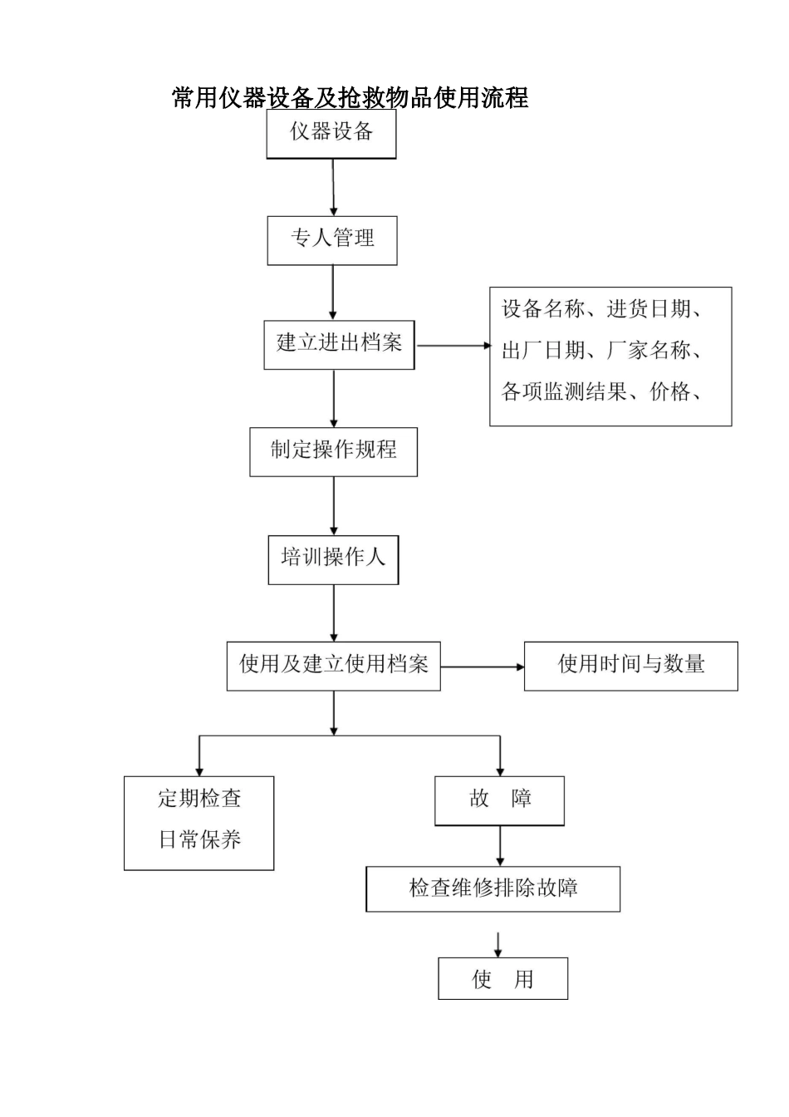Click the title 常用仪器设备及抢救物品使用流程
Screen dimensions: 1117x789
350,98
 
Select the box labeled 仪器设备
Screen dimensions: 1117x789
331,134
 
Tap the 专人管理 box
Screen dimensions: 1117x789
332,240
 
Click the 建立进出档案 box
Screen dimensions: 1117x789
339,344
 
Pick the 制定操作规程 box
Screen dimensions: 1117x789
333,451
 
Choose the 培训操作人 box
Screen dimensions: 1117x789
333,559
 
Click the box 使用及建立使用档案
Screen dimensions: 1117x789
334,665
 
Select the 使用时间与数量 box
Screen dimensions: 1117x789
630,666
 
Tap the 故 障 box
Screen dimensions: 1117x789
499,800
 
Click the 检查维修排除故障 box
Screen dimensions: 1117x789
493,888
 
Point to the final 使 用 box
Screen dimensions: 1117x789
502,979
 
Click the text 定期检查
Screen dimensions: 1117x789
199,800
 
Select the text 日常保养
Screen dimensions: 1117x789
199,840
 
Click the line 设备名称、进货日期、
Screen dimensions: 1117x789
602,310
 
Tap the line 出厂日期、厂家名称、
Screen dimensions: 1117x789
602,351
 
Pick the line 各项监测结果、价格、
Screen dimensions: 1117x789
602,391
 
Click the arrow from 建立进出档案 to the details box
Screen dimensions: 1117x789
453,345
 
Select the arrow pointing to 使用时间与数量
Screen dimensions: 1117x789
482,667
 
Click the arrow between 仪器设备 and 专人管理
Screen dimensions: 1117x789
333,188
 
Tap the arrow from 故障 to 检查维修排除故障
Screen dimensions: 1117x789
500,846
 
